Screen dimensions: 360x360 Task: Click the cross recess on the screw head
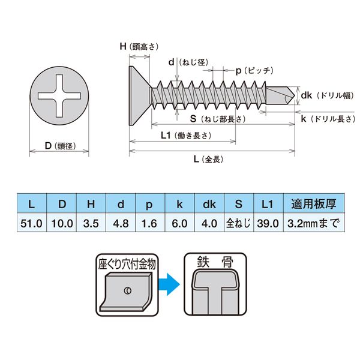(59, 96)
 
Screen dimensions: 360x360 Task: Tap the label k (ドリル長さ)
(326, 119)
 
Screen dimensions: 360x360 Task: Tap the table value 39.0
(267, 223)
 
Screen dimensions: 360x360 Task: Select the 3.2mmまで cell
(313, 223)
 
